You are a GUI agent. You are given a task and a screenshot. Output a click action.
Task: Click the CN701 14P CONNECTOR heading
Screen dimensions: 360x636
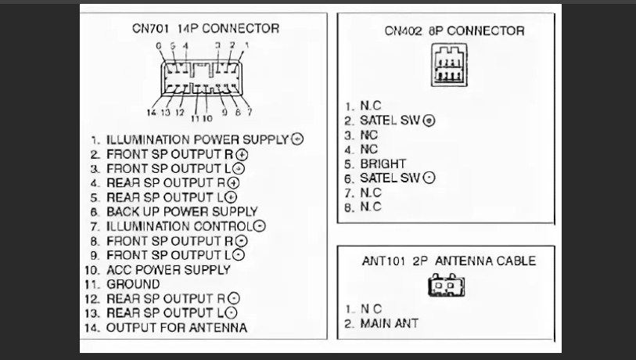206,28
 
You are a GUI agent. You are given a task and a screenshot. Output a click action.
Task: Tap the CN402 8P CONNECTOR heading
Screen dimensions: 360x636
455,31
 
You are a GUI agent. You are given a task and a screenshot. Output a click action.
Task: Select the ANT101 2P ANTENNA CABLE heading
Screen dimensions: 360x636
448,261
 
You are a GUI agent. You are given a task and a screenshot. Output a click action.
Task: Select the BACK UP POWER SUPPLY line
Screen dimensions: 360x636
181,211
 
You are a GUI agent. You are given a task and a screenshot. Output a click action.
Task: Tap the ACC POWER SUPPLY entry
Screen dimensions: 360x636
168,269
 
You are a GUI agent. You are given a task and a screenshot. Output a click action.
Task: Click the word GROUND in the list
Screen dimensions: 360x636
133,284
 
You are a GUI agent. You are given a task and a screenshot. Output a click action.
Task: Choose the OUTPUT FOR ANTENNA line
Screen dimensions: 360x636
176,327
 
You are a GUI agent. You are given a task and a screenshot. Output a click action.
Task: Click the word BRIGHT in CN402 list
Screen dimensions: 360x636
383,164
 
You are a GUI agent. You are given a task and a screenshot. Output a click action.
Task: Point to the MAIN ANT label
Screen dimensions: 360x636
389,322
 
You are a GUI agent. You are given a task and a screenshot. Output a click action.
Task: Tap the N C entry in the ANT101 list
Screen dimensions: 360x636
371,308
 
